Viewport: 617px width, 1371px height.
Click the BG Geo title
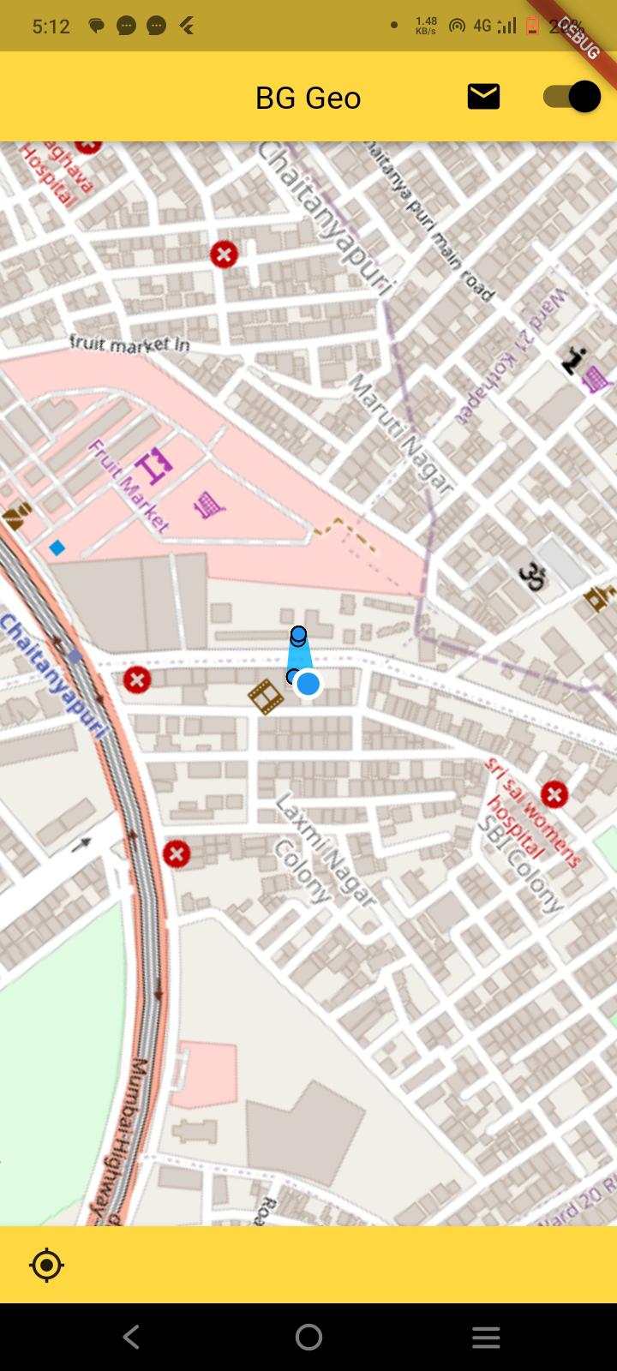click(308, 98)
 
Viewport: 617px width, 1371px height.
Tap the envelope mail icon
click(483, 96)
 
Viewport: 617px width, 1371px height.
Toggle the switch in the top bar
click(572, 96)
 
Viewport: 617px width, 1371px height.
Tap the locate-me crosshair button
click(46, 1265)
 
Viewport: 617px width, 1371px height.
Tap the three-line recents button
click(486, 1337)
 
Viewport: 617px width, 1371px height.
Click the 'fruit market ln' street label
click(129, 344)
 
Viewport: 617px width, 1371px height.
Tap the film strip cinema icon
click(266, 696)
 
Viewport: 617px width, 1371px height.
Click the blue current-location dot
click(308, 683)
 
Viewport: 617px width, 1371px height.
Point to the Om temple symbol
click(532, 576)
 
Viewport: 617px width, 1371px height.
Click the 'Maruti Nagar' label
click(399, 434)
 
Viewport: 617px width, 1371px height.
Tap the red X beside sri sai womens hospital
click(554, 794)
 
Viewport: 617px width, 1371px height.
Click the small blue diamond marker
click(57, 547)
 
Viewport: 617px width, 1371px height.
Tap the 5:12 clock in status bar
click(51, 27)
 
